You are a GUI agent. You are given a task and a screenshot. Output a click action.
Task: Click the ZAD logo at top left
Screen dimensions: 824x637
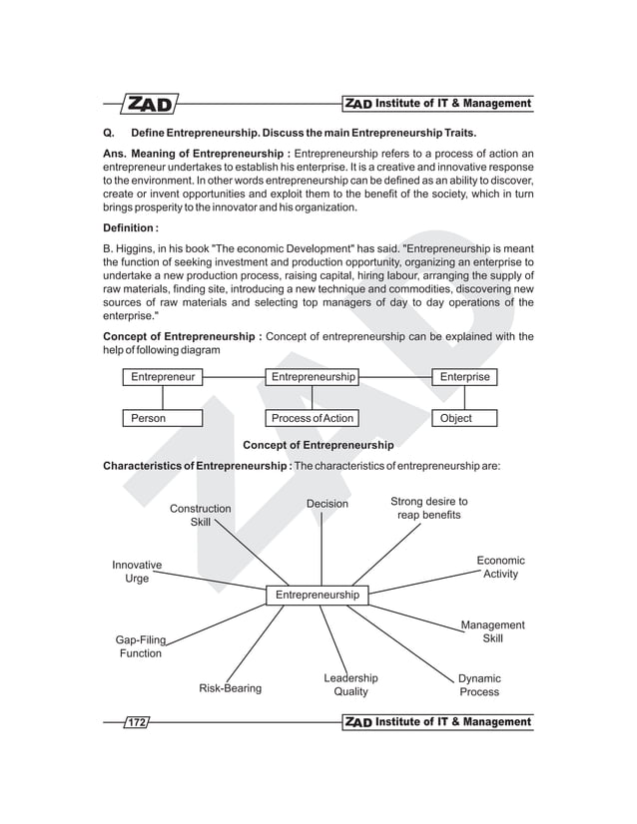[149, 104]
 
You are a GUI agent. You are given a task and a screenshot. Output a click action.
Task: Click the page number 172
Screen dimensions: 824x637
[134, 721]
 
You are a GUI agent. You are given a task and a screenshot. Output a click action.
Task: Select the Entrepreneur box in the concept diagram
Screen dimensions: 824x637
[163, 377]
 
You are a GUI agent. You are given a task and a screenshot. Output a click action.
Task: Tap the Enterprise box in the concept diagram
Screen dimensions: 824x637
[464, 377]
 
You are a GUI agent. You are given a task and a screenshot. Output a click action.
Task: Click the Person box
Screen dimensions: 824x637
[163, 418]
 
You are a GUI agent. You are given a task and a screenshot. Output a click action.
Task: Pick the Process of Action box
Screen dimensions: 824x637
[313, 418]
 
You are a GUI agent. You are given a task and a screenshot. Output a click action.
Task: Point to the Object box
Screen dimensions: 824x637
[464, 418]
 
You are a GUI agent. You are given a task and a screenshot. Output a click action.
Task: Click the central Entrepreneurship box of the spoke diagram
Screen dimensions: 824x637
[318, 595]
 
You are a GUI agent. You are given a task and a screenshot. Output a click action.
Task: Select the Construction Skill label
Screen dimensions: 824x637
[200, 516]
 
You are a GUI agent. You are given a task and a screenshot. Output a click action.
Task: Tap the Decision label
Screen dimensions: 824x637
[327, 504]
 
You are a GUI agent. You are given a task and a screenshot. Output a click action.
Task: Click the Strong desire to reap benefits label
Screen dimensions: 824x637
[428, 508]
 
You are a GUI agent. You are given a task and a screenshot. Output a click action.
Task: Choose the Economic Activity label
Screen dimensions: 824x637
[500, 568]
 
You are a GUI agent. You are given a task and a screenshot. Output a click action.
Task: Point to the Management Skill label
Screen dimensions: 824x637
[492, 631]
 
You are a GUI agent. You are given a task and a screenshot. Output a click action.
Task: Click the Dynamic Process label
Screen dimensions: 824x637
[479, 685]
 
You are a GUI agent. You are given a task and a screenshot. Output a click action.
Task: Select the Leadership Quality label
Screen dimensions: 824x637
[350, 684]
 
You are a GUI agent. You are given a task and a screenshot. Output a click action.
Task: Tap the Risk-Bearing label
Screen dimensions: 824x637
[230, 688]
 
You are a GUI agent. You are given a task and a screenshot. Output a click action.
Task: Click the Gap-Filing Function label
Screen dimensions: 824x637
[140, 646]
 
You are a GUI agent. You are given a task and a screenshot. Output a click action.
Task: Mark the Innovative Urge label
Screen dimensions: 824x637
[137, 573]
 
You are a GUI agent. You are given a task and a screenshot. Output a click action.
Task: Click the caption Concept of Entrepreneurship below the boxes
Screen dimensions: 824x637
[318, 445]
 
